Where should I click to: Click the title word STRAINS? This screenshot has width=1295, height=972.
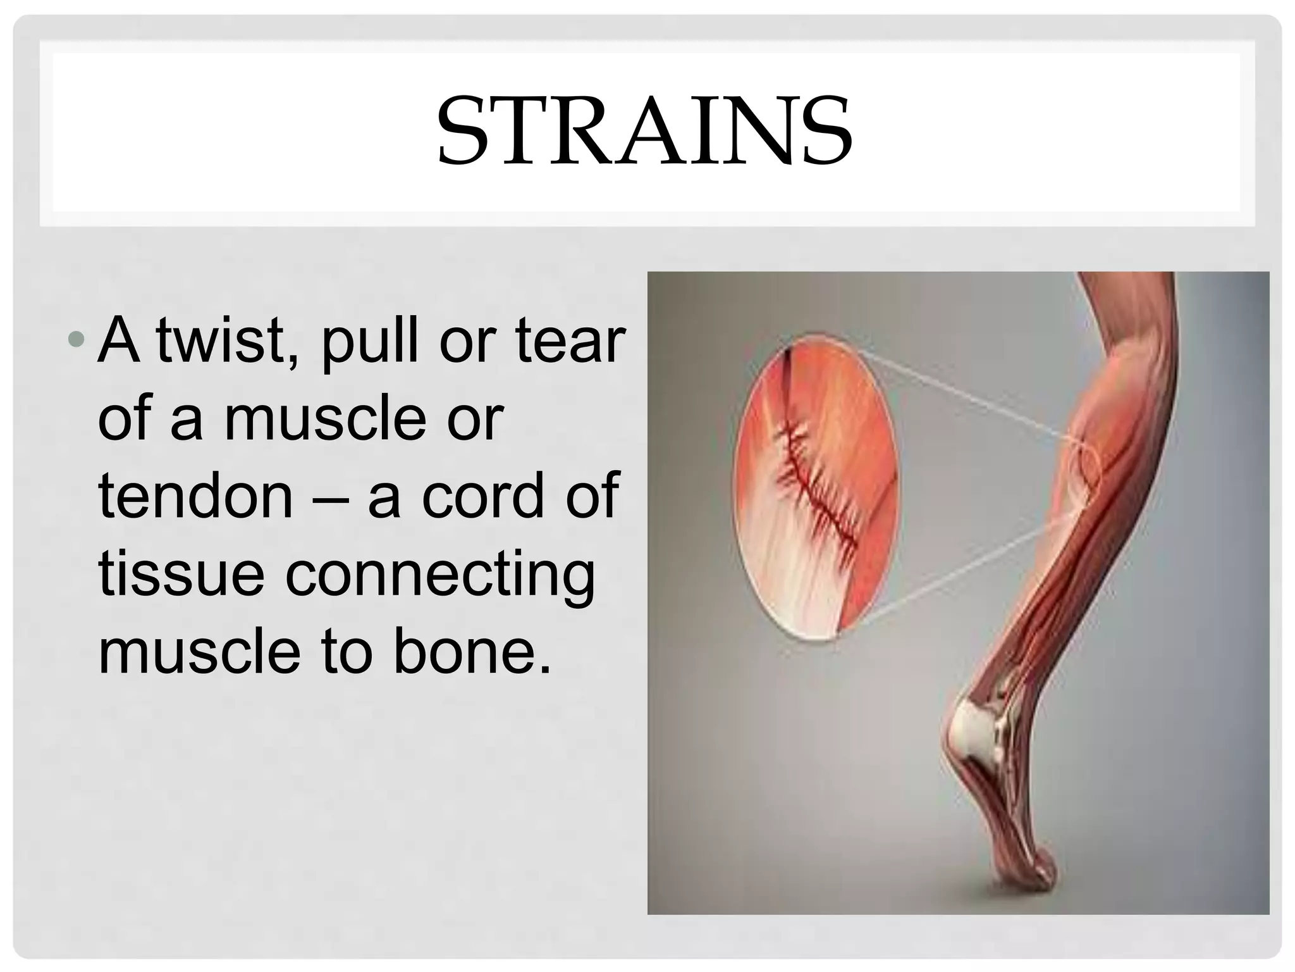click(644, 131)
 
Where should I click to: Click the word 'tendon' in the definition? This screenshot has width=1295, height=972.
click(195, 496)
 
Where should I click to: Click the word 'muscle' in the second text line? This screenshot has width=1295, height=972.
click(325, 418)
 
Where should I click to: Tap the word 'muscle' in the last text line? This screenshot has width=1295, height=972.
click(199, 652)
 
